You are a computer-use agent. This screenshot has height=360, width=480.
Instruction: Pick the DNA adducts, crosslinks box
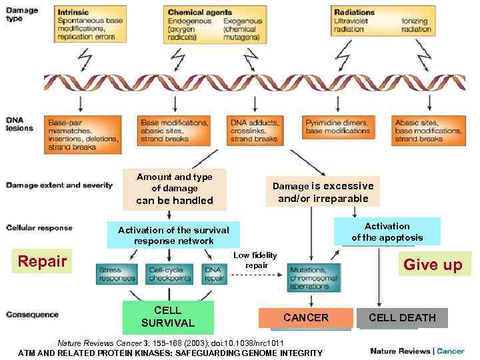click(255, 130)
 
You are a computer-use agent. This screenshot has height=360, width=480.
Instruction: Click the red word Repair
click(42, 261)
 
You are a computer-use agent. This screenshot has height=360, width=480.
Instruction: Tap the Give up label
click(433, 265)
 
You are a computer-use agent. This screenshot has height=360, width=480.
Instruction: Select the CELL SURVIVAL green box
click(168, 317)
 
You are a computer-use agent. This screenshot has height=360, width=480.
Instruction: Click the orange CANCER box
click(306, 318)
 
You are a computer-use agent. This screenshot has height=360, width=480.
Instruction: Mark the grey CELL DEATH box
click(402, 318)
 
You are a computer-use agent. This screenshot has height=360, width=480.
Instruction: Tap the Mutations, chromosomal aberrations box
click(313, 277)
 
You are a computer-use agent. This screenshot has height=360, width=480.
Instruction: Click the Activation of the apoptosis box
click(387, 231)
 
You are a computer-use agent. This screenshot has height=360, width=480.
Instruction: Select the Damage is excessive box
click(323, 192)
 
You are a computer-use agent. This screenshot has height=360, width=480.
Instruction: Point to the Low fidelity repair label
click(256, 260)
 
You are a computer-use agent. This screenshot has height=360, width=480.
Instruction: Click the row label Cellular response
click(39, 228)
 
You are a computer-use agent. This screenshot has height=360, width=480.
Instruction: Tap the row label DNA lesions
click(19, 124)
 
